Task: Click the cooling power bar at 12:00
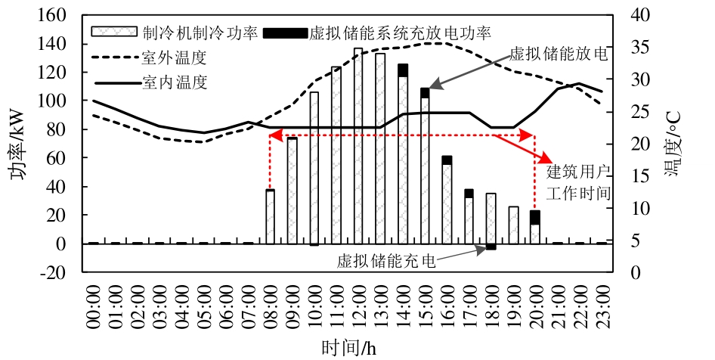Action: tap(358, 146)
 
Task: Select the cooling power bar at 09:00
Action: tap(292, 191)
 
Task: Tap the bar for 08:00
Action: tap(270, 217)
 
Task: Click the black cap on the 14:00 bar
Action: tap(403, 70)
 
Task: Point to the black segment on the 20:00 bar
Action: tap(535, 218)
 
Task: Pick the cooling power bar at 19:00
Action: tap(513, 225)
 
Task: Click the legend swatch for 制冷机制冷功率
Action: tap(114, 32)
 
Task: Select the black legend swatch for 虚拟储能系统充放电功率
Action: tap(285, 33)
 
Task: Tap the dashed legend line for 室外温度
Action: tap(116, 58)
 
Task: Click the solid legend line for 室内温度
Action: tap(118, 83)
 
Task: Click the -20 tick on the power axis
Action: tap(54, 272)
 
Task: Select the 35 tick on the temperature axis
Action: tap(640, 48)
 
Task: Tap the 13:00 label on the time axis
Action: tap(381, 306)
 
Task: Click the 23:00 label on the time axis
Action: tap(602, 306)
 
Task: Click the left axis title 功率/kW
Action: tap(19, 143)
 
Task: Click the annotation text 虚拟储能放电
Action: tap(559, 54)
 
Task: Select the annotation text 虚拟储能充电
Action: tap(386, 260)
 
